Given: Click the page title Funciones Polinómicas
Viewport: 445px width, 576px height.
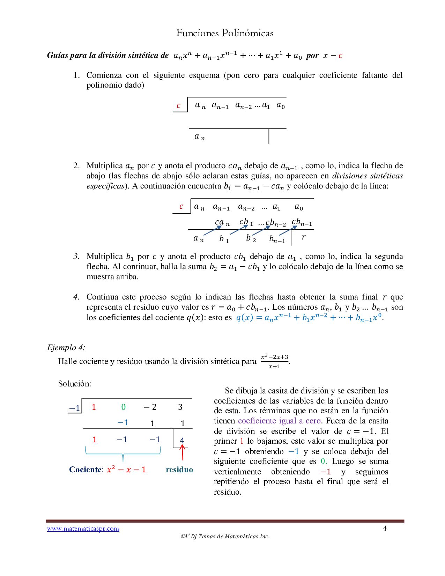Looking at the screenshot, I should [225, 33].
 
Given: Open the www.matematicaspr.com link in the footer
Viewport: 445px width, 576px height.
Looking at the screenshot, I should [83, 529].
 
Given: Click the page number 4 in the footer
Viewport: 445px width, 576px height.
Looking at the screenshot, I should [385, 528].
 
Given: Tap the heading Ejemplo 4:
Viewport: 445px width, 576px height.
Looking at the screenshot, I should [66, 347].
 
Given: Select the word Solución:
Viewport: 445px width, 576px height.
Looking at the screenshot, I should [75, 384].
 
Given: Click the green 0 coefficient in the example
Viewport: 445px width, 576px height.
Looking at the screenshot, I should [123, 407].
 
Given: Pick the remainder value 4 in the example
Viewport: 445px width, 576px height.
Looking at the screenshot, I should [182, 440].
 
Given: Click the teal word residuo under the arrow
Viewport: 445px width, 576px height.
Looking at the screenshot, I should [179, 470].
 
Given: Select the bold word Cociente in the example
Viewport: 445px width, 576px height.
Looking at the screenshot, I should [86, 470].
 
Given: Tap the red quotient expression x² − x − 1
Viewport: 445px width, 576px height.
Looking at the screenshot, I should [126, 470].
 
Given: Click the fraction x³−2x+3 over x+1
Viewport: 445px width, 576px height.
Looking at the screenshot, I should [275, 361].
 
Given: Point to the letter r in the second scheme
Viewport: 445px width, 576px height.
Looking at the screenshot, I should [303, 237].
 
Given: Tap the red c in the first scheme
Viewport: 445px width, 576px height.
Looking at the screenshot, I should [179, 105].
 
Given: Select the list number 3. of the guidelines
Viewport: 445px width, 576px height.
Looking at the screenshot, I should [76, 257].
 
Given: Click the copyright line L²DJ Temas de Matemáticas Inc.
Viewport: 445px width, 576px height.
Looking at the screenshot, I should [225, 537].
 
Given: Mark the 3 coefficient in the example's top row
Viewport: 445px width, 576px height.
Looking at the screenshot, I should [180, 407].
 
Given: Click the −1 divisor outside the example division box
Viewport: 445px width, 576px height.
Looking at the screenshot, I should [75, 408].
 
